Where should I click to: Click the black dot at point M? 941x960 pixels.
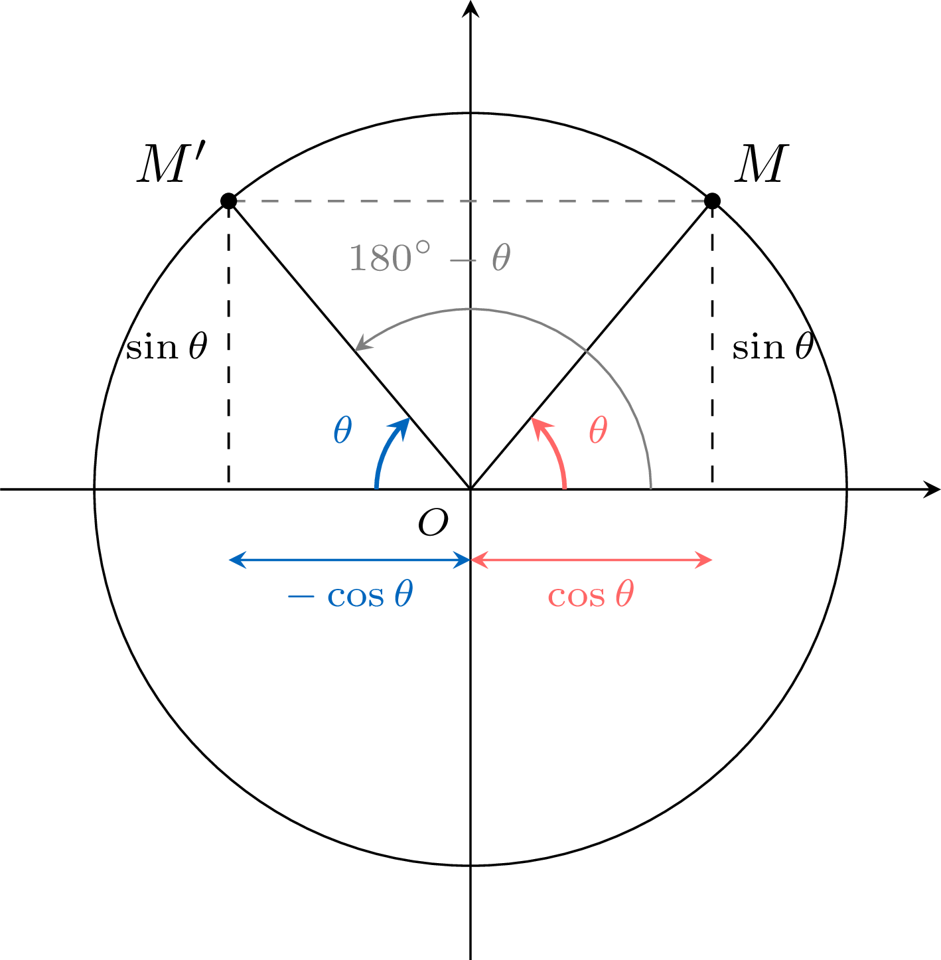[x=712, y=201]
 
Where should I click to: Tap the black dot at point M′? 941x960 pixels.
[x=229, y=201]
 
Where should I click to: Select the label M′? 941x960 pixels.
[x=172, y=163]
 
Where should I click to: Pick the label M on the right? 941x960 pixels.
[x=761, y=163]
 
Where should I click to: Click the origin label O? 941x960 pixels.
[x=433, y=522]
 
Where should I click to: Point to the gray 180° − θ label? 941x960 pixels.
[x=430, y=258]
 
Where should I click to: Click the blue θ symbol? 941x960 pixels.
[x=342, y=430]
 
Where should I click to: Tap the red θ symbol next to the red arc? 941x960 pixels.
[x=598, y=430]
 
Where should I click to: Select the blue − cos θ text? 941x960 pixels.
[x=350, y=594]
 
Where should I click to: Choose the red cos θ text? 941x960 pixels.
[x=591, y=594]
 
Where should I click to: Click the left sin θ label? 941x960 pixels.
[x=167, y=347]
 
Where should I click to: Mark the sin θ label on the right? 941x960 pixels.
[x=773, y=347]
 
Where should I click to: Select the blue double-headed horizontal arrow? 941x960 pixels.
[x=350, y=560]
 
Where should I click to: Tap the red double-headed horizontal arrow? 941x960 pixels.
[x=591, y=560]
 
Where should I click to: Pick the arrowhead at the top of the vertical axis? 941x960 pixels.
[x=470, y=9]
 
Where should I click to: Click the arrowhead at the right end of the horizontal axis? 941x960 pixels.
[x=932, y=489]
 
